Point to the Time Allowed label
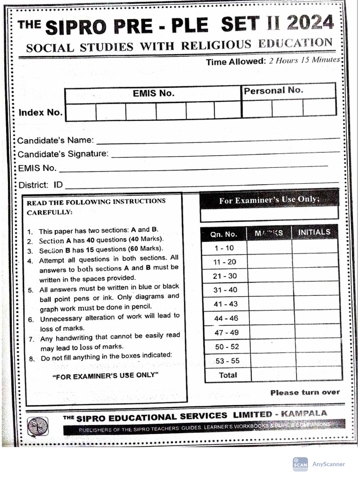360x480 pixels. click(x=235, y=62)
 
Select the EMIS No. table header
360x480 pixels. click(x=153, y=93)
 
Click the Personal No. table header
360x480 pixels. click(x=273, y=90)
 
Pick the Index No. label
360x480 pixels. click(x=40, y=112)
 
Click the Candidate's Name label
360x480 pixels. click(x=56, y=140)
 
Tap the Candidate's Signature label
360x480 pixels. click(x=63, y=154)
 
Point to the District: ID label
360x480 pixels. click(x=40, y=185)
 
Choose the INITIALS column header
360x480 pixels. click(x=314, y=232)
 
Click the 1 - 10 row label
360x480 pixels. click(x=224, y=248)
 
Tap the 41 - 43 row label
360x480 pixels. click(x=225, y=304)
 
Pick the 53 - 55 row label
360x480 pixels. click(x=226, y=361)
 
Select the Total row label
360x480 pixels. click(x=228, y=375)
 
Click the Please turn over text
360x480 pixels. click(x=305, y=392)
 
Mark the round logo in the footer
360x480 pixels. click(x=37, y=426)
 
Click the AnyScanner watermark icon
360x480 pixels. click(x=300, y=464)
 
